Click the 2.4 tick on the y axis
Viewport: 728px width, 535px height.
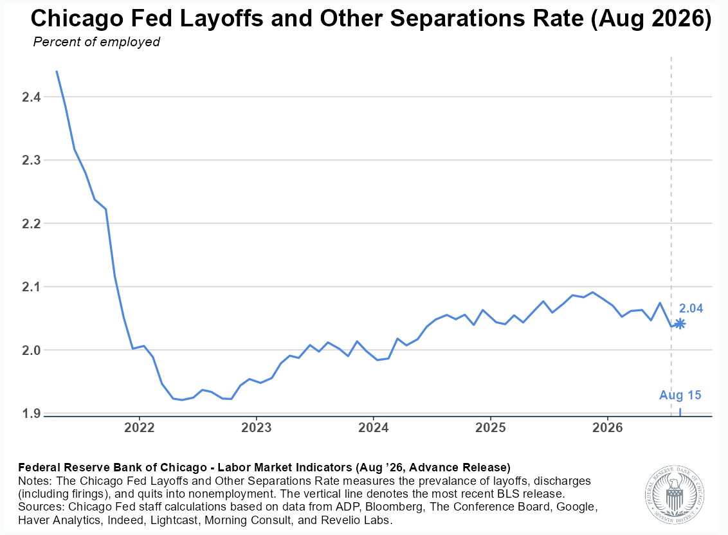coord(31,97)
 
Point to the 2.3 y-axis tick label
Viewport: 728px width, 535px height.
coord(31,160)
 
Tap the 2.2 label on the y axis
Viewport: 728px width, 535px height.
coord(31,223)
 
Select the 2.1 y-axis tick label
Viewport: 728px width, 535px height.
coord(31,287)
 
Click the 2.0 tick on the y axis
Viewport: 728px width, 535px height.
coord(31,350)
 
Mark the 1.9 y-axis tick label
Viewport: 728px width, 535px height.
coord(31,413)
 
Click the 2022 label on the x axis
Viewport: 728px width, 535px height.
coord(140,427)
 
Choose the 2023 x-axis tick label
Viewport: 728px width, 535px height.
coord(257,427)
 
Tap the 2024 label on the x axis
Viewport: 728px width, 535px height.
coord(373,427)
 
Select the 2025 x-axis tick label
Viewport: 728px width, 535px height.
coord(490,427)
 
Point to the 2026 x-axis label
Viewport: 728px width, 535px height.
coord(607,427)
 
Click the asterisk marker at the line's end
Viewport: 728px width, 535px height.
coord(680,323)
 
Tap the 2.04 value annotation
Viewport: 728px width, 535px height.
coord(691,309)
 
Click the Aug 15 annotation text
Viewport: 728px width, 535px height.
coord(680,395)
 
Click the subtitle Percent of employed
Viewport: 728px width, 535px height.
coord(96,42)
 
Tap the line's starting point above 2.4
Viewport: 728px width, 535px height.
coord(57,71)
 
